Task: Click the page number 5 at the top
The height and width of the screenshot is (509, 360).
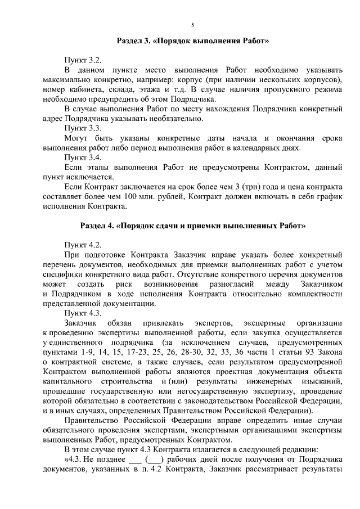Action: pyautogui.click(x=192, y=25)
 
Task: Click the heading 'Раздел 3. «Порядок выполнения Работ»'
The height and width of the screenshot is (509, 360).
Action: pyautogui.click(x=188, y=41)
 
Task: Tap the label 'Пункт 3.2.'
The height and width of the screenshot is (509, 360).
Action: pyautogui.click(x=83, y=59)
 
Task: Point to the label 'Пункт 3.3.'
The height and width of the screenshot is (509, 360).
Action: pyautogui.click(x=83, y=128)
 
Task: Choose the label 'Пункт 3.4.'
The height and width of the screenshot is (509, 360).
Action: pyautogui.click(x=83, y=157)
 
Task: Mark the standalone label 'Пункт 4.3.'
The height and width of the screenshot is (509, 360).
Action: pyautogui.click(x=83, y=313)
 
